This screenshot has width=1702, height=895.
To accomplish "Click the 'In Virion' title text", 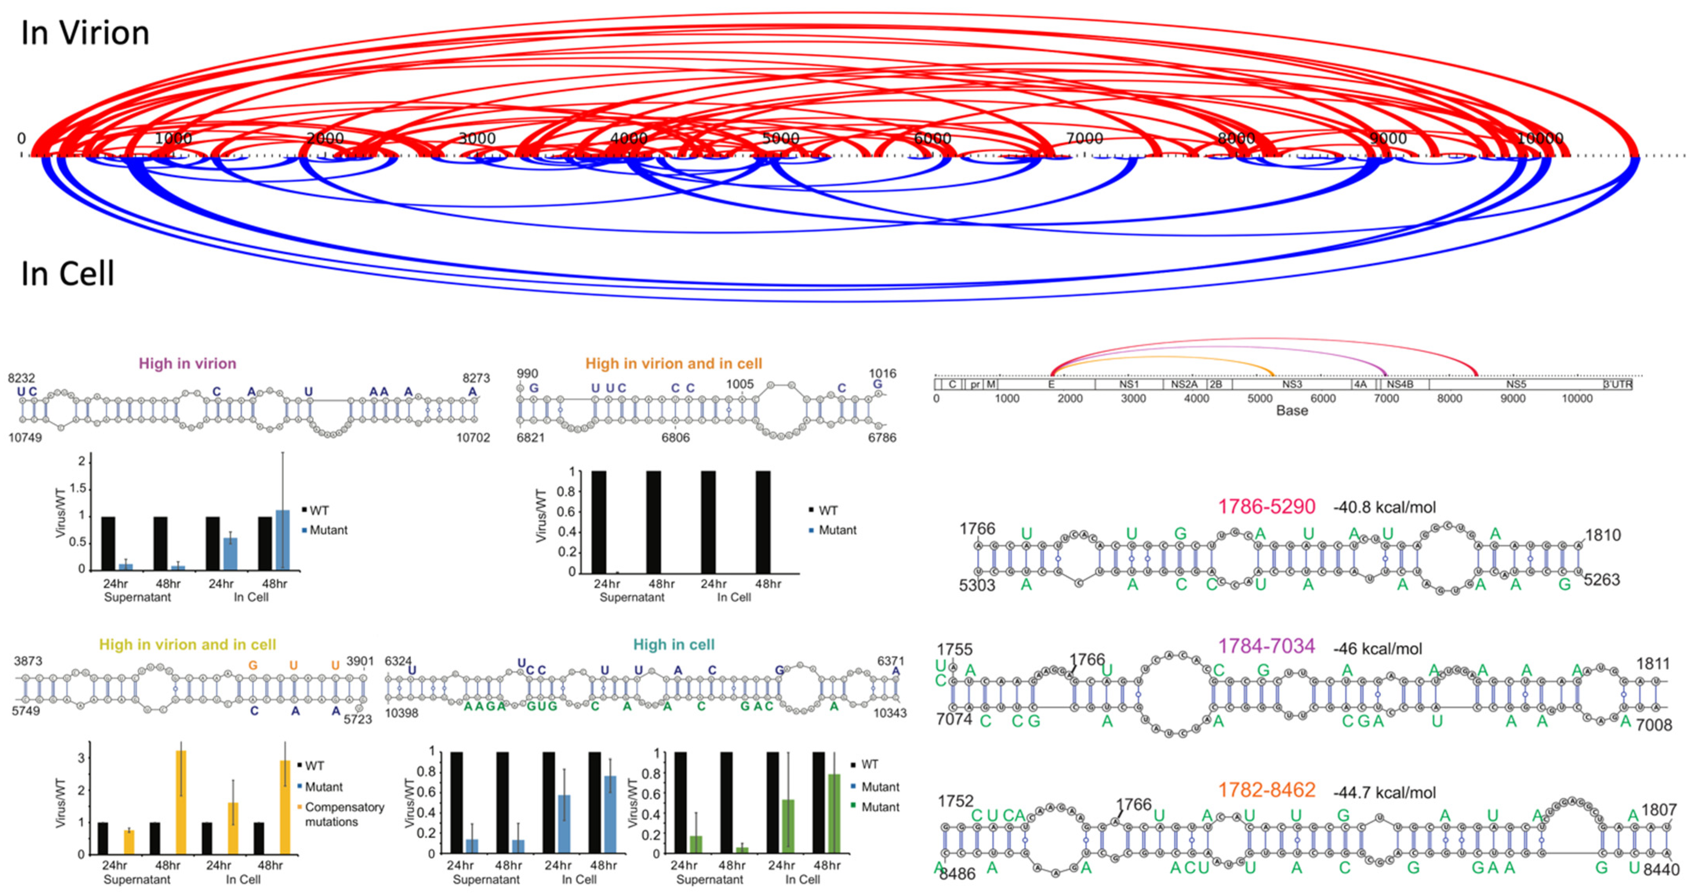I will pos(85,33).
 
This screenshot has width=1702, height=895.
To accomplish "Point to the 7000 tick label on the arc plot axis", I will pos(1084,138).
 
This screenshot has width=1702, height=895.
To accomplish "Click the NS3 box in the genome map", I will pos(1292,384).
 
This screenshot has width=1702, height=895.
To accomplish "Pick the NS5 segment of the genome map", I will pos(1516,384).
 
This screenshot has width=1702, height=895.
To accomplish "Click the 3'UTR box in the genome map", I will pos(1617,384).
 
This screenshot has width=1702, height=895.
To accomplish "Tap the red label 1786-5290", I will pos(1266,507).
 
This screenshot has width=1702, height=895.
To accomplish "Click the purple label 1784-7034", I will pos(1266,646).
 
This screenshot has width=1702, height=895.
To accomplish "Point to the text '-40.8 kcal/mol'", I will pos(1384,508).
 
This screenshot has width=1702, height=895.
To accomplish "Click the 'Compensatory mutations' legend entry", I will pos(343,814).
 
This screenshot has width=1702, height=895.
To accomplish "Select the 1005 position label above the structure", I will pos(739,384).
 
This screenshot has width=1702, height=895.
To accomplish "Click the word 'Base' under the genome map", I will pos(1292,411).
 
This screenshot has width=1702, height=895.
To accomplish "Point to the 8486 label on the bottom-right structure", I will pos(957,874).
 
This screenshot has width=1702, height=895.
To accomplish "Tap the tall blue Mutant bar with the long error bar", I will pos(282,539).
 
